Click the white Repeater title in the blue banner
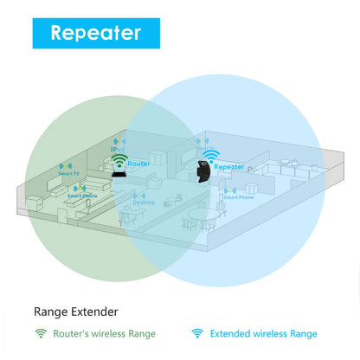96,33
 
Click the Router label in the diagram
138,163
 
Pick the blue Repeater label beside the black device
228,166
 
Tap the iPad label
119,148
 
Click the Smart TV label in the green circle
69,174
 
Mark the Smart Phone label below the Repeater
237,197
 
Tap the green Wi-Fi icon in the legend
40,333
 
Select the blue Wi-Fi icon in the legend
197,333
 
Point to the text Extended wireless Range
265,334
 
